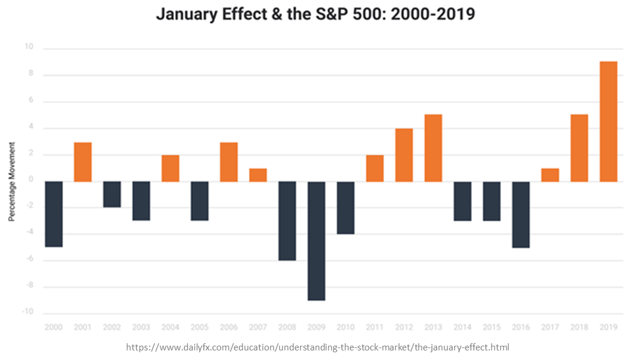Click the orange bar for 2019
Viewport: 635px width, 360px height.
point(608,121)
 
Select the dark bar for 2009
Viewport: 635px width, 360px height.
point(317,241)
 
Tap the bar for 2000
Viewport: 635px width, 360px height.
point(54,214)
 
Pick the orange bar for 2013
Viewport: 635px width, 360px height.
point(433,148)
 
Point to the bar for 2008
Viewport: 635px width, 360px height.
point(287,221)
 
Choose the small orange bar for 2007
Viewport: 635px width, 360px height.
point(258,175)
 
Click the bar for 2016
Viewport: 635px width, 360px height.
point(521,214)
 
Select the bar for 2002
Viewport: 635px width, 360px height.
point(112,194)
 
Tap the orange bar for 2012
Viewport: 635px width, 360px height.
point(404,155)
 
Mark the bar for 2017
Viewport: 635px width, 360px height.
point(550,175)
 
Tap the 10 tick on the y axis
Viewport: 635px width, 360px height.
point(29,48)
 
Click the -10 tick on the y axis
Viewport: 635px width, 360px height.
point(28,313)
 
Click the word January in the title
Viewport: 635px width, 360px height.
point(183,14)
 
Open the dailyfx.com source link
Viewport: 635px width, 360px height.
point(317,347)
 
